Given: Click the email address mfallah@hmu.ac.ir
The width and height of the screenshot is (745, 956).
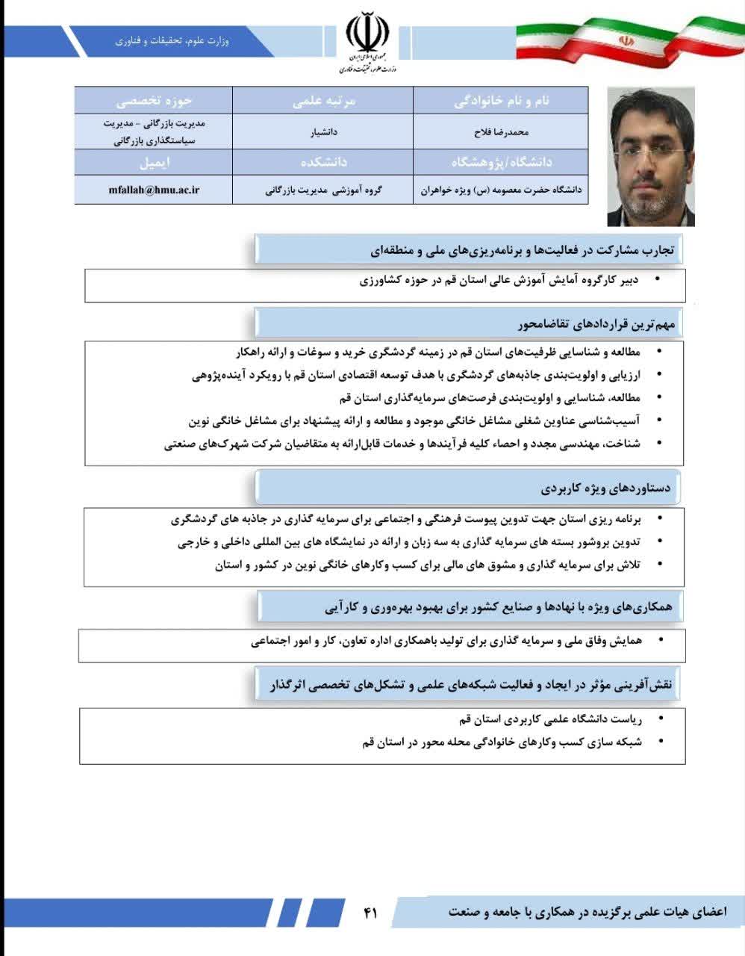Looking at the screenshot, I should pos(154,190).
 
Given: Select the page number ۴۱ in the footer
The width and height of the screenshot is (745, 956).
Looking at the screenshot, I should pos(371,912).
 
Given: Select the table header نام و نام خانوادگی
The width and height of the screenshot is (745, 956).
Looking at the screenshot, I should pos(501,101).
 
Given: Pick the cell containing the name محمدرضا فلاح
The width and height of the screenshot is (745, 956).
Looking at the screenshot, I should pos(501,132).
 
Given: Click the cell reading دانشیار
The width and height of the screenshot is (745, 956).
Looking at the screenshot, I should pos(323,132).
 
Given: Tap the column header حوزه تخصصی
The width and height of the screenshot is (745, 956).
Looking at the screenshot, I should pos(154,101).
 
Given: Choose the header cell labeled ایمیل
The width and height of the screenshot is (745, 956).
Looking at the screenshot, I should pos(154,162).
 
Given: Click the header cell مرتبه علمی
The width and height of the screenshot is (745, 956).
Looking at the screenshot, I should pos(323,101).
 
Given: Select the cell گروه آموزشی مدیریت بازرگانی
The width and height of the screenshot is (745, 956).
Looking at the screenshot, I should pos(323,190).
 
